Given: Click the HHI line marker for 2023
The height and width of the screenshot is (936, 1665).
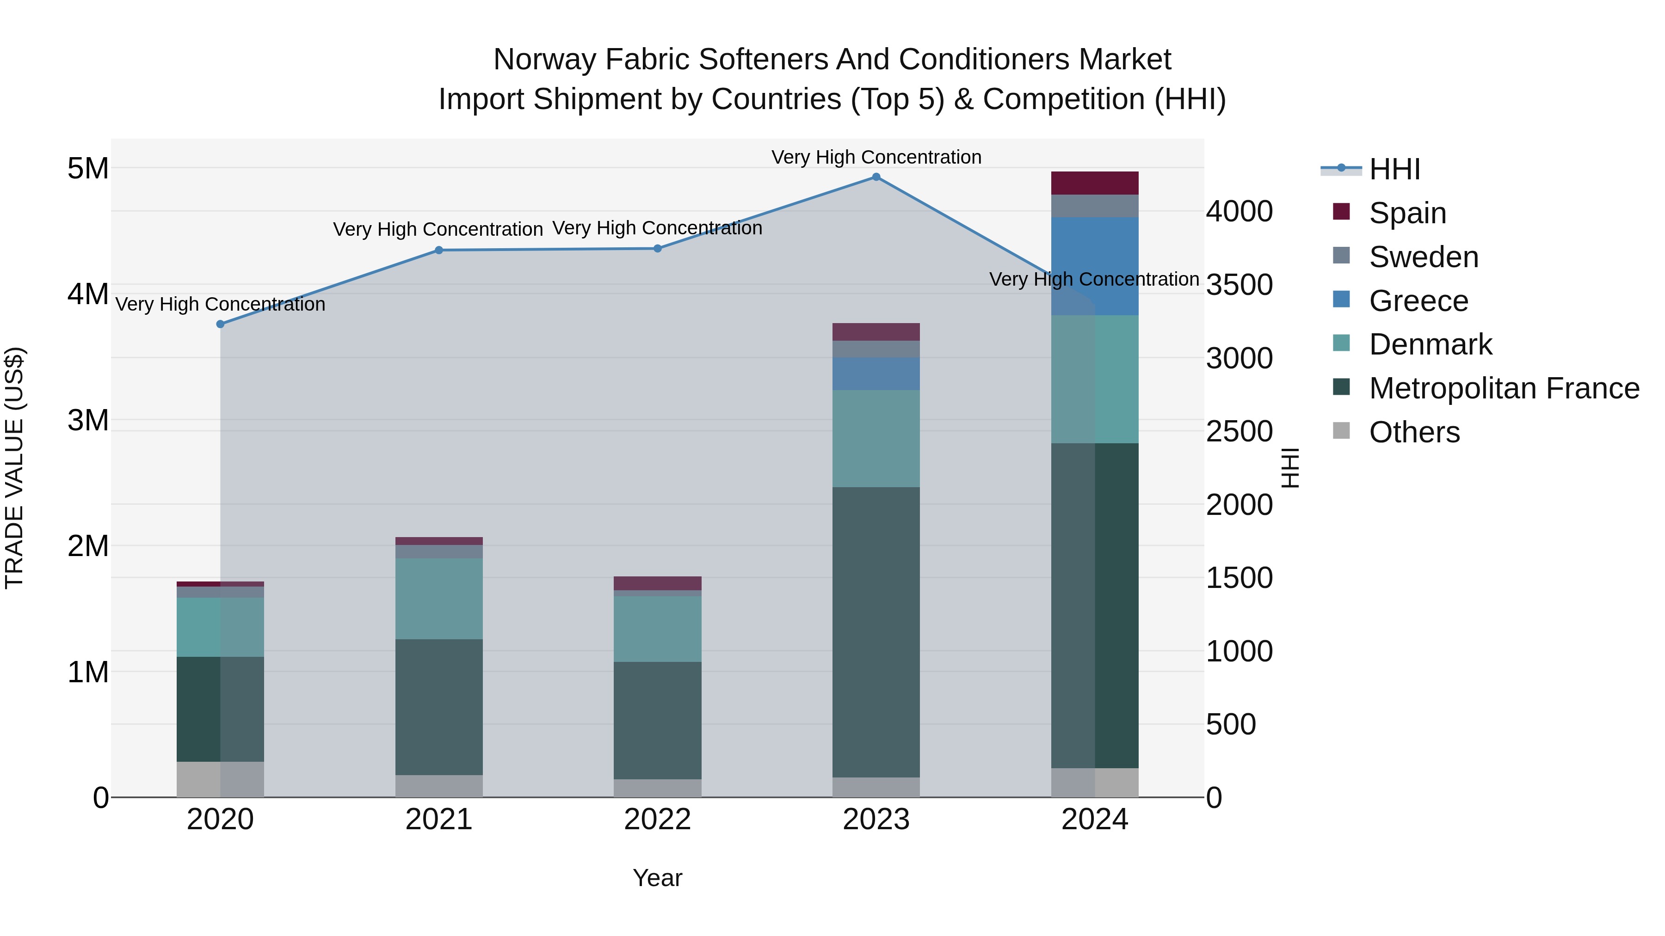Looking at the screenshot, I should point(876,177).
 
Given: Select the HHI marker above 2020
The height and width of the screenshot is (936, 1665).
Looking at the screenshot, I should point(221,324).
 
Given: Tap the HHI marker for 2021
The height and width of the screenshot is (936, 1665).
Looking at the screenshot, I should point(439,251).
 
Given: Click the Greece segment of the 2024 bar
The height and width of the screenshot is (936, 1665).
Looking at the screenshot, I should point(1095,266).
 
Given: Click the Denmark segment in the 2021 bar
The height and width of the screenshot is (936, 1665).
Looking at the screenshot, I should point(439,599).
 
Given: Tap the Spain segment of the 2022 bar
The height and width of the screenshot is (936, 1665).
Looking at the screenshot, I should point(657,583).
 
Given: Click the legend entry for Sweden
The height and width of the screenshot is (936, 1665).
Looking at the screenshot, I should point(1423,257).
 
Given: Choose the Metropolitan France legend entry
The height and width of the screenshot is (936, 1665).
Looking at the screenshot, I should point(1504,388).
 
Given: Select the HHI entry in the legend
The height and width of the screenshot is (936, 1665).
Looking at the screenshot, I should point(1394,169).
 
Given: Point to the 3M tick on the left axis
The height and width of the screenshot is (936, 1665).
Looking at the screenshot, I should point(88,421).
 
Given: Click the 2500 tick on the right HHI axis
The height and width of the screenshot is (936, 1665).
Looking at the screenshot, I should point(1239,432).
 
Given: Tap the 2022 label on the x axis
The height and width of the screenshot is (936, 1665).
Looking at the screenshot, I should point(657,820).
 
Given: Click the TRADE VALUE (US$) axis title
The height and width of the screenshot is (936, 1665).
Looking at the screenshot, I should point(15,468).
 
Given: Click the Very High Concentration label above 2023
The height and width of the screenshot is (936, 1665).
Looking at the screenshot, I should point(876,157).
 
